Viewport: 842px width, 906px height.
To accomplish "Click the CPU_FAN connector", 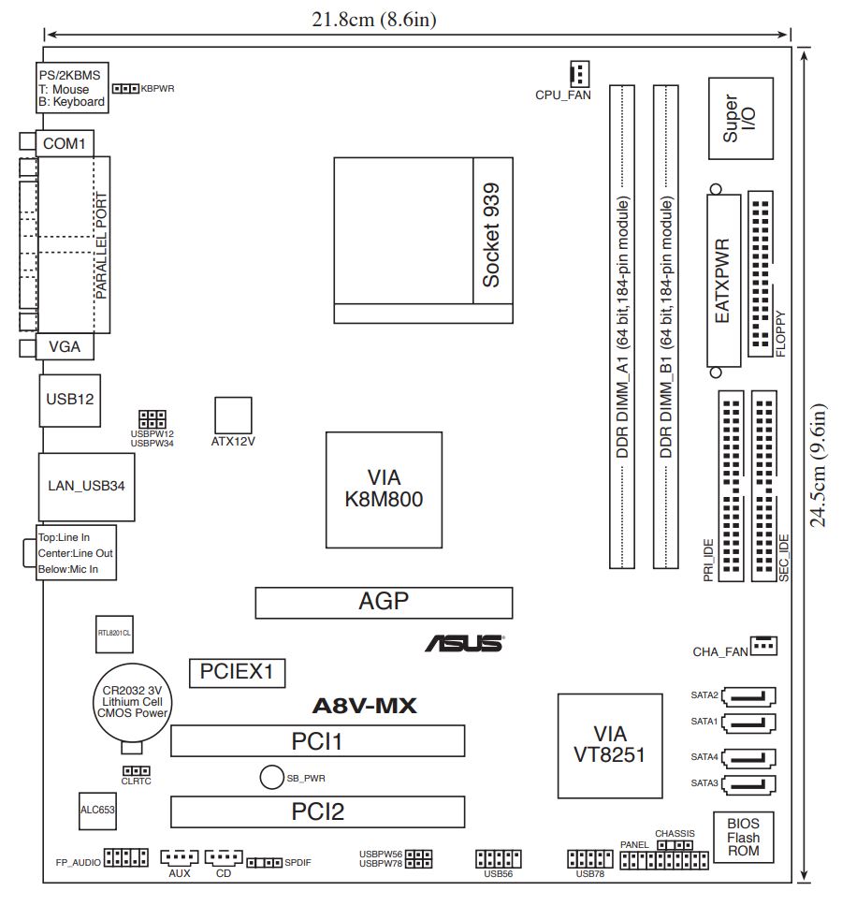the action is pyautogui.click(x=579, y=73).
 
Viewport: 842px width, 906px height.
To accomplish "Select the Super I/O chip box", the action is pyautogui.click(x=740, y=119).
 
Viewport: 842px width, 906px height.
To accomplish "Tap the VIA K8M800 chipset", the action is pyautogui.click(x=384, y=490).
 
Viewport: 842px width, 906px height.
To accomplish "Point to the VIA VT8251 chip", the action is pyautogui.click(x=610, y=745).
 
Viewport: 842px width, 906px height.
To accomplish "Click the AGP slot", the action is pyautogui.click(x=384, y=603).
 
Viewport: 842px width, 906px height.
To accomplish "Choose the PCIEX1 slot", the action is pyautogui.click(x=238, y=673).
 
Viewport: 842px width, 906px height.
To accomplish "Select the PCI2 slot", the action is pyautogui.click(x=318, y=811).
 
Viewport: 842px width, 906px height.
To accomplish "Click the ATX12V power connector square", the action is pyautogui.click(x=233, y=415).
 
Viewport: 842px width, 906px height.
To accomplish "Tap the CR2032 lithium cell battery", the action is pyautogui.click(x=133, y=703).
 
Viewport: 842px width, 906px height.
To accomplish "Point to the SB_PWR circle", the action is pyautogui.click(x=271, y=777).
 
